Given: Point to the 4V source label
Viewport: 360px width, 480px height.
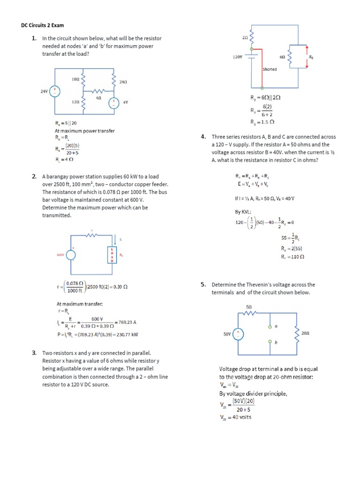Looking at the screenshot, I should pyautogui.click(x=126, y=102).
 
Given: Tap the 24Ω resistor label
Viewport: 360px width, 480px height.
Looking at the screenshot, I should pyautogui.click(x=124, y=82).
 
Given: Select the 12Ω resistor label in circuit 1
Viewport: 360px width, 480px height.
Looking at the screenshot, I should pyautogui.click(x=75, y=102).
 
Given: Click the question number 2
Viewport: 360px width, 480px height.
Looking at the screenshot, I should pyautogui.click(x=35, y=177).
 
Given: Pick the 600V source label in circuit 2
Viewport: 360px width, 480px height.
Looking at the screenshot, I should pyautogui.click(x=60, y=255).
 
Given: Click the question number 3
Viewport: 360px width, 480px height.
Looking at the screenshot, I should pyautogui.click(x=35, y=352).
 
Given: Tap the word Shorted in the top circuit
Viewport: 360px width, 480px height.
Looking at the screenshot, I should pyautogui.click(x=270, y=69).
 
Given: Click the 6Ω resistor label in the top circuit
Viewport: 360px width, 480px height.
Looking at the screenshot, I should pyautogui.click(x=282, y=56).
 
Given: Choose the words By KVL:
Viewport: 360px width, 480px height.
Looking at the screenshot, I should pyautogui.click(x=244, y=211).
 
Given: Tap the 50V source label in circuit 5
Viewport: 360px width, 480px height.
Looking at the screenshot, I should pyautogui.click(x=227, y=334).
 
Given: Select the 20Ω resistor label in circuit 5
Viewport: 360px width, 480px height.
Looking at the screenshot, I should pyautogui.click(x=305, y=332).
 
